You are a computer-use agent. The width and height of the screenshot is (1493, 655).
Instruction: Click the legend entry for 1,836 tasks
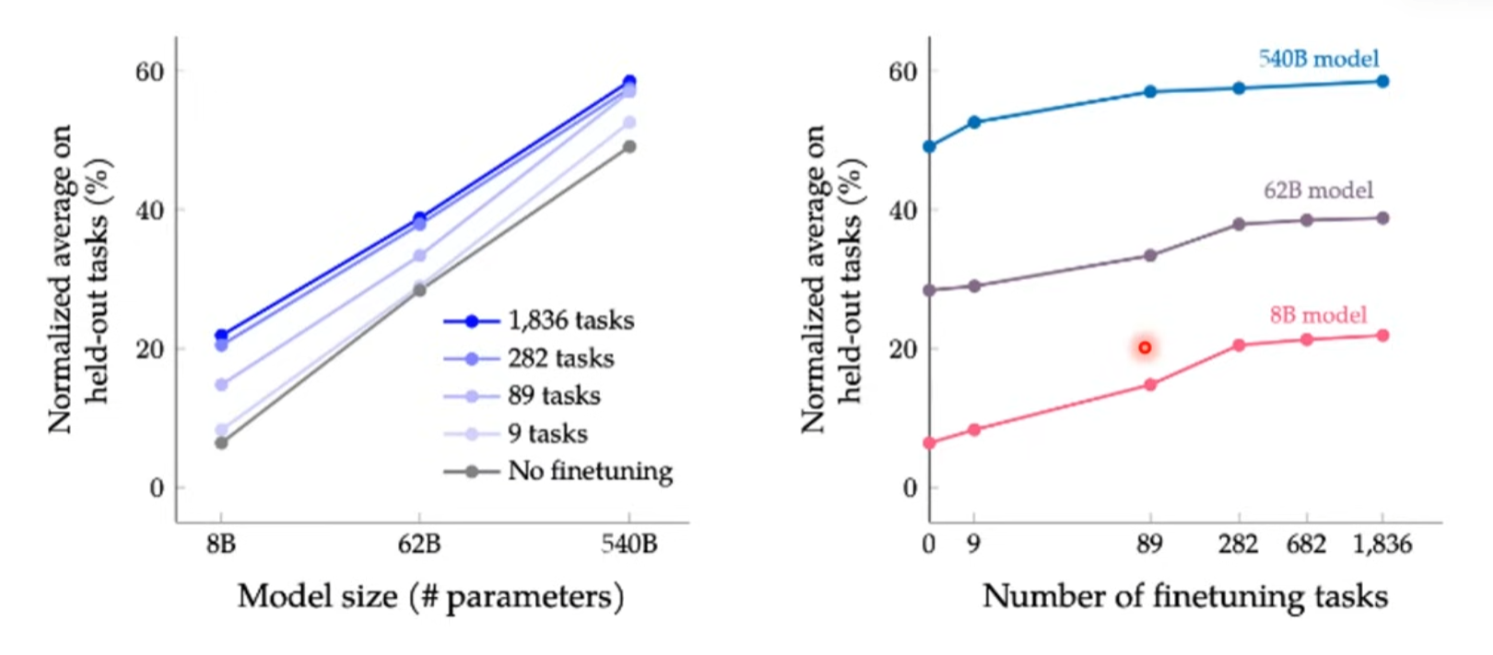[570, 321]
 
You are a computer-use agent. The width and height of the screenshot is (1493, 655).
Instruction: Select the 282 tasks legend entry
[559, 358]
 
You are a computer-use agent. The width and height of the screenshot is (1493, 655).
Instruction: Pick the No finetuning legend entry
[589, 471]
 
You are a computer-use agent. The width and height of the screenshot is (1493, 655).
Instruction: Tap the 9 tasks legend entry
[547, 433]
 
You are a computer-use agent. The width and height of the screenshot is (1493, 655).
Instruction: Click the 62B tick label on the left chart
[419, 544]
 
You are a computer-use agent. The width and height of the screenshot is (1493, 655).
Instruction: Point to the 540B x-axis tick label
[629, 544]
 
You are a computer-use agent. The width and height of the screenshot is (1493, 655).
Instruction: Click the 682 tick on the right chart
[1306, 544]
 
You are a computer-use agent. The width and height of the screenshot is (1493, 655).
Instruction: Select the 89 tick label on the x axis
[1149, 544]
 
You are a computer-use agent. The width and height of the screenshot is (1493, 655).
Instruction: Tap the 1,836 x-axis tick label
[1381, 544]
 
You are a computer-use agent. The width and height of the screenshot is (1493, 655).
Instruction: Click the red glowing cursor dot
[1145, 347]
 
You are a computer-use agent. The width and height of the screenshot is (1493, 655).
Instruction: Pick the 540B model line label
[1318, 59]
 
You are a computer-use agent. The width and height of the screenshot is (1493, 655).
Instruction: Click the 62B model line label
[1318, 191]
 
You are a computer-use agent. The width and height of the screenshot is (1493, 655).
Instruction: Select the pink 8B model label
[1318, 315]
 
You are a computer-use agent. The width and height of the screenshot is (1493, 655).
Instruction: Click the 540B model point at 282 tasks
[1239, 88]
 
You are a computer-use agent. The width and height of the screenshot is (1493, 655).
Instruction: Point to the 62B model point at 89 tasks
[1150, 255]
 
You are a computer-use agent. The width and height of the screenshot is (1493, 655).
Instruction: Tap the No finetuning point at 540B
[629, 146]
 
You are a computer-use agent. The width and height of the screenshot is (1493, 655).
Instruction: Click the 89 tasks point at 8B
[221, 384]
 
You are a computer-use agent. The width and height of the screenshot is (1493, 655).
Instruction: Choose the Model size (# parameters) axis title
[430, 597]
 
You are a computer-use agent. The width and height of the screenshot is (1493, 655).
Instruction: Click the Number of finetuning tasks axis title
[1185, 597]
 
